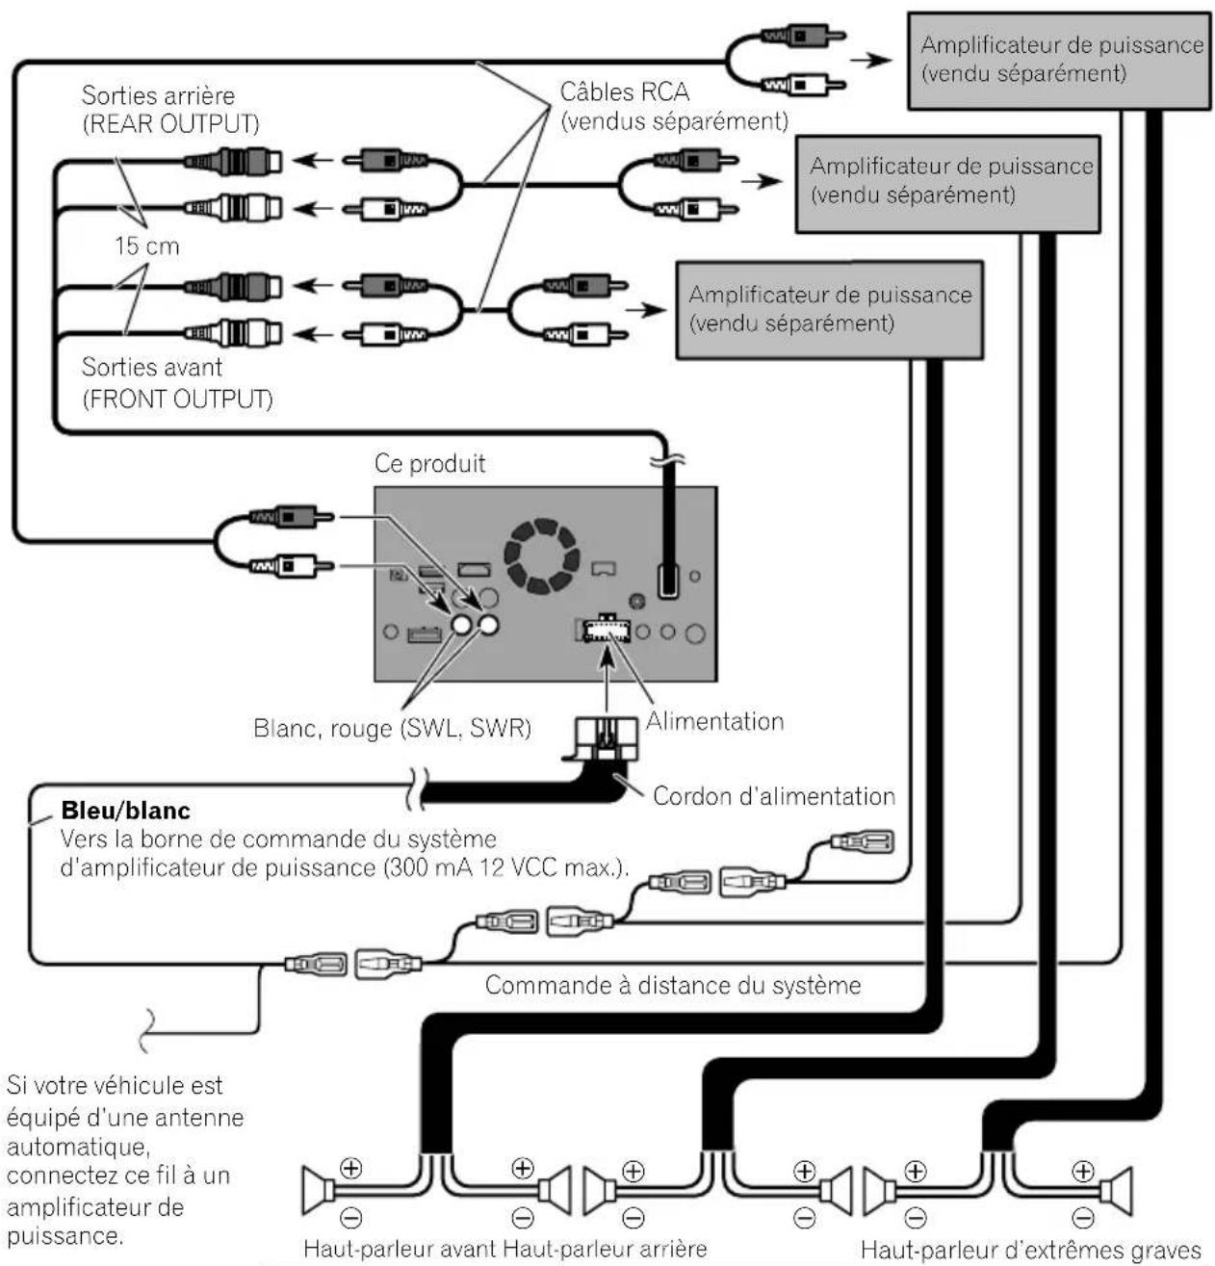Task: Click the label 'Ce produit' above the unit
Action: pyautogui.click(x=430, y=464)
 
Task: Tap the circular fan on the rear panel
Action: pyautogui.click(x=541, y=556)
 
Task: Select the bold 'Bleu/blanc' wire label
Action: pyautogui.click(x=125, y=811)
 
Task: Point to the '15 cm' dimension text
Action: pyautogui.click(x=147, y=245)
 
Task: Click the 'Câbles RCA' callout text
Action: pyautogui.click(x=625, y=91)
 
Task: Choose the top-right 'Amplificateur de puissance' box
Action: pyautogui.click(x=1059, y=61)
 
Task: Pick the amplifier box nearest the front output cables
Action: pyautogui.click(x=830, y=310)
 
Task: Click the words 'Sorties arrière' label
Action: pyautogui.click(x=158, y=95)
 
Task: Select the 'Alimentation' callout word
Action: pyautogui.click(x=714, y=721)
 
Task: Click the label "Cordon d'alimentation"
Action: pyautogui.click(x=774, y=795)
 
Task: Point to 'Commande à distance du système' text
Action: pyautogui.click(x=673, y=984)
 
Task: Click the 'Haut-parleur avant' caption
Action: pyautogui.click(x=401, y=1249)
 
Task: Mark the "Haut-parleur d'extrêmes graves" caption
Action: pyautogui.click(x=1031, y=1250)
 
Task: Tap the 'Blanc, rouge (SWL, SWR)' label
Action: pyautogui.click(x=392, y=727)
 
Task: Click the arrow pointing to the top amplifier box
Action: pyautogui.click(x=870, y=61)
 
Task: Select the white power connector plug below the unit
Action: pyautogui.click(x=606, y=737)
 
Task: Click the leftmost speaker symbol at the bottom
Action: pyautogui.click(x=318, y=1191)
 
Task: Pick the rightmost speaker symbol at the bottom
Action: pyautogui.click(x=1117, y=1191)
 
